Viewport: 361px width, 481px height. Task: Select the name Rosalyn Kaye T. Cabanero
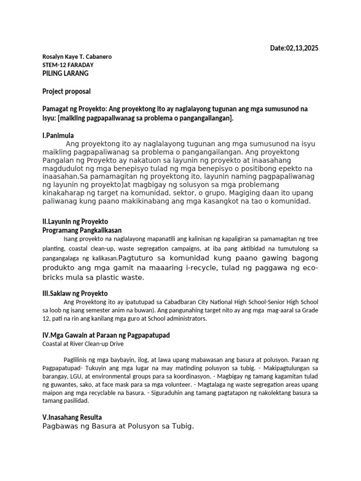(77, 57)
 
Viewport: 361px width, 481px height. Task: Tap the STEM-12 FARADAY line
(68, 65)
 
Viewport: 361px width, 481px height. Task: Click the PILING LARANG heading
(65, 73)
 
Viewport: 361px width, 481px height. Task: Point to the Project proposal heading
(67, 91)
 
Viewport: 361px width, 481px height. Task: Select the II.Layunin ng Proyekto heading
(75, 222)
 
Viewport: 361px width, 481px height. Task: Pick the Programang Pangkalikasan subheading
(82, 230)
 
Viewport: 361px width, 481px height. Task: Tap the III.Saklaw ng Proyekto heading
(75, 293)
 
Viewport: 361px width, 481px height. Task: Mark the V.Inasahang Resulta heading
(71, 417)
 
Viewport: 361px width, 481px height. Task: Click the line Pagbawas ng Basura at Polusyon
(118, 427)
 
